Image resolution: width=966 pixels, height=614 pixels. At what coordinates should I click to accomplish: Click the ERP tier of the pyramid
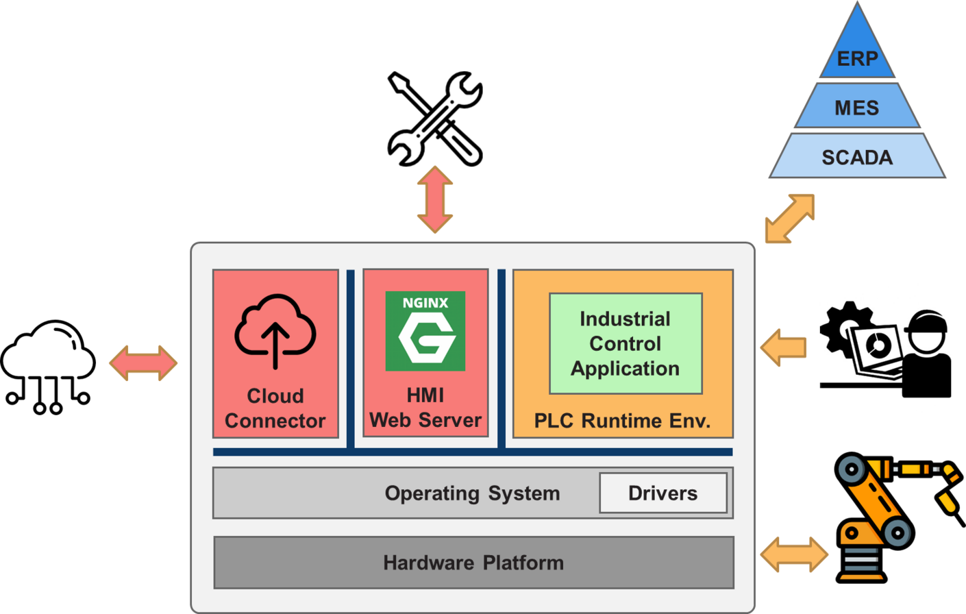click(856, 58)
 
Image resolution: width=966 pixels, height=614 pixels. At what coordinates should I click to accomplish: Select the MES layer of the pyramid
click(856, 108)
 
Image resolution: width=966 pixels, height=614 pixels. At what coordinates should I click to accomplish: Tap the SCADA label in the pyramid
click(856, 158)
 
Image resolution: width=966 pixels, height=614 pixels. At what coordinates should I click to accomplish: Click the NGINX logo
click(425, 331)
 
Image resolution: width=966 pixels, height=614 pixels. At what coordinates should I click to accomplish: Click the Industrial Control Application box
click(626, 343)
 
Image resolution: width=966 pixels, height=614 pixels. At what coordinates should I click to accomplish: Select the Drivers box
click(662, 493)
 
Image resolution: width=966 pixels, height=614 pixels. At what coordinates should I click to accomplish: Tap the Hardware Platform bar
click(473, 563)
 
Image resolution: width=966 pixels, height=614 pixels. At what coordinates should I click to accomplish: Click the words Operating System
click(472, 493)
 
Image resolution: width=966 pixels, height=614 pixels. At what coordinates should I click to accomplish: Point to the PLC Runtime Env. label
click(622, 420)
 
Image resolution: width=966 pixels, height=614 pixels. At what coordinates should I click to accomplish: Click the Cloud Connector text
click(275, 408)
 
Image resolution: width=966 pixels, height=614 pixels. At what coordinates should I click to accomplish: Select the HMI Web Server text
click(425, 408)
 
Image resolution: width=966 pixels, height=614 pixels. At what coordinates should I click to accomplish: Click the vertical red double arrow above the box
click(435, 199)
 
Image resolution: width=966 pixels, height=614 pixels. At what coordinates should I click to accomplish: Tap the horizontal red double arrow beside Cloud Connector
click(143, 363)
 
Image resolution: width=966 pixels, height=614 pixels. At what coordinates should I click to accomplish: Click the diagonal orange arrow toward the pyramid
click(789, 219)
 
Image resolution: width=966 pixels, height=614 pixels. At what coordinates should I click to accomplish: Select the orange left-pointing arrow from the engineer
click(784, 347)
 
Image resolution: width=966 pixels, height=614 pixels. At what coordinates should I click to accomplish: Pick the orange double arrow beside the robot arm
click(794, 554)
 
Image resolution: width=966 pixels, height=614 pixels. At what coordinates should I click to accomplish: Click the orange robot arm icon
click(884, 514)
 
